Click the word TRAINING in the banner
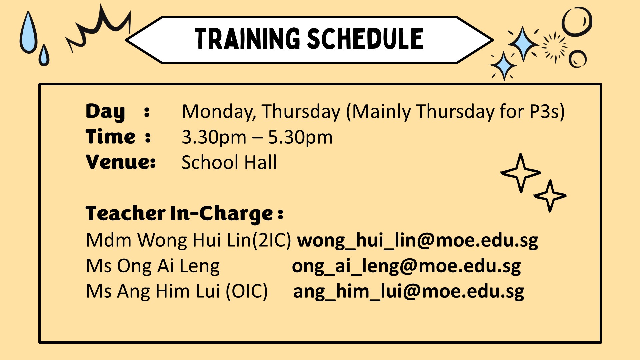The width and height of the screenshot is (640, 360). pyautogui.click(x=248, y=39)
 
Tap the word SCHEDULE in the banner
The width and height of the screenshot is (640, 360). pyautogui.click(x=365, y=39)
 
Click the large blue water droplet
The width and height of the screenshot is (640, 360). pyautogui.click(x=28, y=33)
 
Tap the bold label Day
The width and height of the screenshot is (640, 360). pyautogui.click(x=105, y=112)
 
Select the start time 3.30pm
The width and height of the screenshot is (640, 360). pyautogui.click(x=214, y=138)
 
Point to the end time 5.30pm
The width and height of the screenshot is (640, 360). pyautogui.click(x=300, y=138)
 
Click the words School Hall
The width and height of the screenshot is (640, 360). pyautogui.click(x=229, y=162)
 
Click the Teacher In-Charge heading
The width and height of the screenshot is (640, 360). pyautogui.click(x=184, y=213)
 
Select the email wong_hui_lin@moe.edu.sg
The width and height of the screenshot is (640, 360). pyautogui.click(x=418, y=240)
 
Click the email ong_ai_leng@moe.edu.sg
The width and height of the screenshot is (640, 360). pyautogui.click(x=406, y=266)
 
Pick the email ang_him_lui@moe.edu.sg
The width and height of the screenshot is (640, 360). pyautogui.click(x=409, y=291)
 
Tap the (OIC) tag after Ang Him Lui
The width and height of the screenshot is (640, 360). pyautogui.click(x=247, y=291)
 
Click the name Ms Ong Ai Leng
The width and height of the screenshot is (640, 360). pyautogui.click(x=153, y=266)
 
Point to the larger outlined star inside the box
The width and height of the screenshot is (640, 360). pyautogui.click(x=520, y=163)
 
